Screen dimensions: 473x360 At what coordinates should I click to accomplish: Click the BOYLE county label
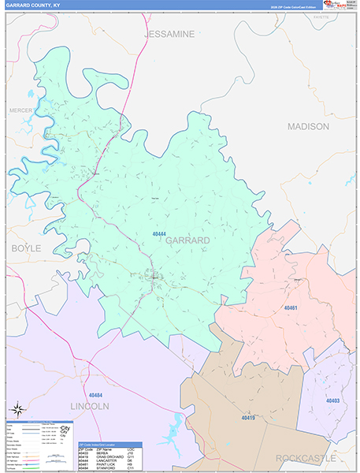pyautogui.click(x=25, y=248)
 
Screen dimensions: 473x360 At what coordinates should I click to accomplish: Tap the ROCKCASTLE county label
pyautogui.click(x=306, y=458)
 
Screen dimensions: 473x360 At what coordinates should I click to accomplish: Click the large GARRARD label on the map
pyautogui.click(x=187, y=240)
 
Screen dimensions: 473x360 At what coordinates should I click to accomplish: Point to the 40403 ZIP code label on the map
pyautogui.click(x=332, y=400)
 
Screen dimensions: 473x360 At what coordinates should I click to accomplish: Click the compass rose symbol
pyautogui.click(x=18, y=409)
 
